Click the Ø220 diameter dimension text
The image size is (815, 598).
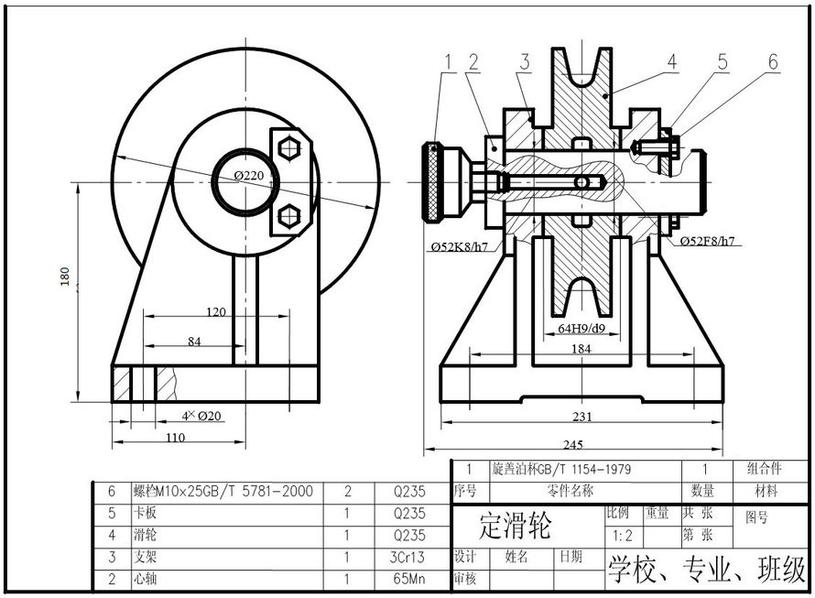248,175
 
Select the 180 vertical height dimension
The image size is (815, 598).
65,277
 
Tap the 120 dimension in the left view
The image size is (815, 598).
216,312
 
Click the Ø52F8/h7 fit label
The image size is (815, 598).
708,242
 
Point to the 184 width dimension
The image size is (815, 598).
581,349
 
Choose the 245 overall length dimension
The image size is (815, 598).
572,445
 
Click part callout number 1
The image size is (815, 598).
449,61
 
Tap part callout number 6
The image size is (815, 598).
773,61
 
